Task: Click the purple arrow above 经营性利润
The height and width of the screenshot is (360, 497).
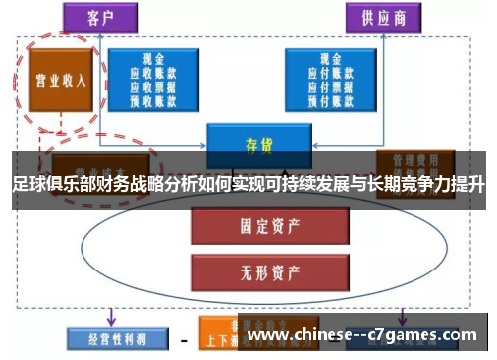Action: [x=109, y=316]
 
